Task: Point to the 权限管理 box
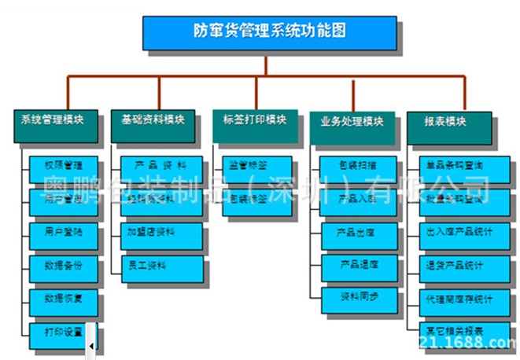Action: coord(64,167)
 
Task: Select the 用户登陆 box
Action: coord(64,233)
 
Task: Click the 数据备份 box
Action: coord(64,266)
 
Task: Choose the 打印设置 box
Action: coord(64,332)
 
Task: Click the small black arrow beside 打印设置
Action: coord(91,345)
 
